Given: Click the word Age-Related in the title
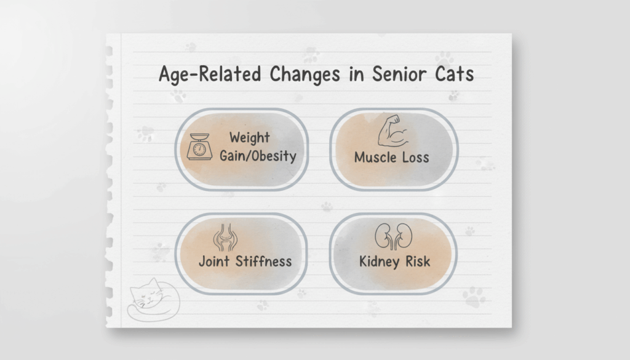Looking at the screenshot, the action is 210,74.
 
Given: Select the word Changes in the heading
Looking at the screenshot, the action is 305,74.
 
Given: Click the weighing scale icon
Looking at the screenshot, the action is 199,146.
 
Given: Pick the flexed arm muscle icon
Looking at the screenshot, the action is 393,131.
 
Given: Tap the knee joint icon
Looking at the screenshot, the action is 225,238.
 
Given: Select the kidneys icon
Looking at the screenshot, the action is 393,236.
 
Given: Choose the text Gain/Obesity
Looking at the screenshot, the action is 258,156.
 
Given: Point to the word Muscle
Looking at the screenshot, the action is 372,157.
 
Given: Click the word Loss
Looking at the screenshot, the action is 415,157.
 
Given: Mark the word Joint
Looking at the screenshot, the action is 214,262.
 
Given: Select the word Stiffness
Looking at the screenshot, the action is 263,261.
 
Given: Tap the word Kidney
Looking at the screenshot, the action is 379,262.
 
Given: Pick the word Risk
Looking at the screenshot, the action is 418,262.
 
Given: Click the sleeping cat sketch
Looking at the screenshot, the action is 153,300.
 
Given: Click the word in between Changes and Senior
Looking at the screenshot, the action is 356,74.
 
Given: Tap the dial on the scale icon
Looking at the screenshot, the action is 199,150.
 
